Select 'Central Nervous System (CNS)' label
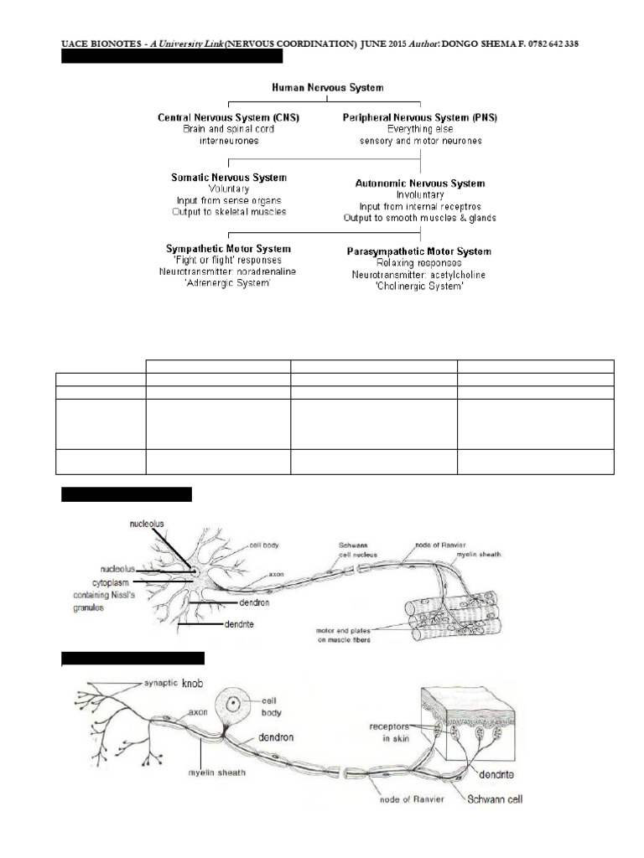pos(230,118)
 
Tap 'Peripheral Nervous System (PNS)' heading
pos(419,118)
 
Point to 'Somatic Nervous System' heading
pos(229,178)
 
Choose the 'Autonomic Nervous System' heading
pos(419,183)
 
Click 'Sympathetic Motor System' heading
pos(228,249)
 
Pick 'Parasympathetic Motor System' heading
pos(419,251)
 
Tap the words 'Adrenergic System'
pos(228,284)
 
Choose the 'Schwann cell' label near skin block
pos(494,799)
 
